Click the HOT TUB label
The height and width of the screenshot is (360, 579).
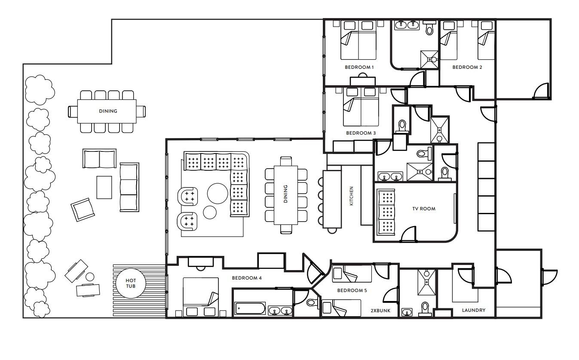click(x=131, y=283)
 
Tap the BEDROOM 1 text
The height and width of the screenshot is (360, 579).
click(x=359, y=67)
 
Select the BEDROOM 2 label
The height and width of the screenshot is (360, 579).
click(x=467, y=67)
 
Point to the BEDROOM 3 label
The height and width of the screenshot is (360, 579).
click(x=361, y=133)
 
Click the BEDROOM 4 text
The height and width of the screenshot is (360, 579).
click(x=247, y=278)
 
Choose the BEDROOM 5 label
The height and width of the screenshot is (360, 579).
click(x=352, y=290)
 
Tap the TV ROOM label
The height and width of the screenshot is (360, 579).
click(x=424, y=209)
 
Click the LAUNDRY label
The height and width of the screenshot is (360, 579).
click(x=474, y=310)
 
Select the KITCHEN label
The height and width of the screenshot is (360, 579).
click(x=351, y=196)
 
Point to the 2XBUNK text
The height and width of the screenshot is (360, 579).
click(x=380, y=311)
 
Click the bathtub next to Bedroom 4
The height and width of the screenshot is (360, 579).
click(x=250, y=308)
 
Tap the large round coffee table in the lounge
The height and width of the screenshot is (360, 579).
click(x=218, y=194)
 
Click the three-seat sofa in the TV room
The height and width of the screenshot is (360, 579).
click(x=386, y=212)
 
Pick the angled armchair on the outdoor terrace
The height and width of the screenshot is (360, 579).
click(x=83, y=210)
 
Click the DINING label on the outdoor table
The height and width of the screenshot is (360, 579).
click(x=108, y=111)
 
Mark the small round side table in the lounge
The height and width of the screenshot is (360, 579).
click(x=210, y=212)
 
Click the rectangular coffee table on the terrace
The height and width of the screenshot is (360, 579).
click(x=104, y=188)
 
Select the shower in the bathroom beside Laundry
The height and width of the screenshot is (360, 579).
click(x=426, y=282)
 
